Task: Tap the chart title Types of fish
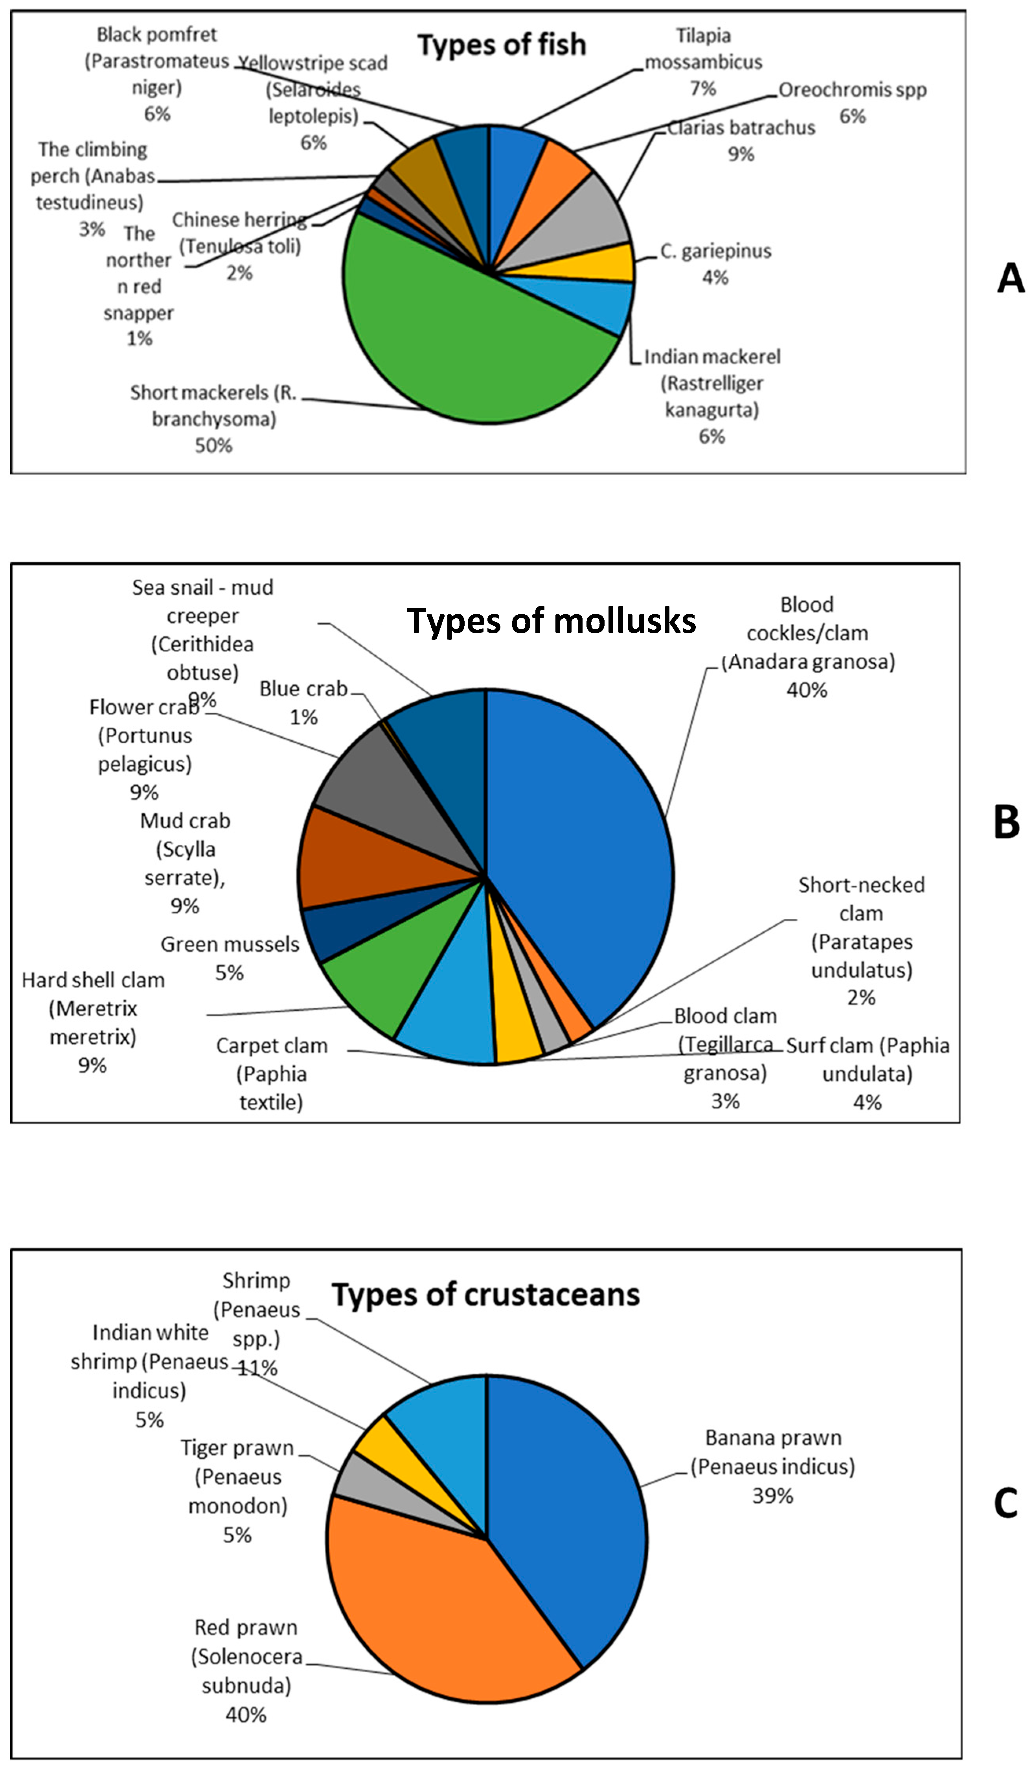point(502,45)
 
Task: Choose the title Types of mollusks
point(552,621)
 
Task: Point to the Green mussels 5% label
point(230,958)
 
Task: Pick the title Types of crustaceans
point(485,1294)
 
